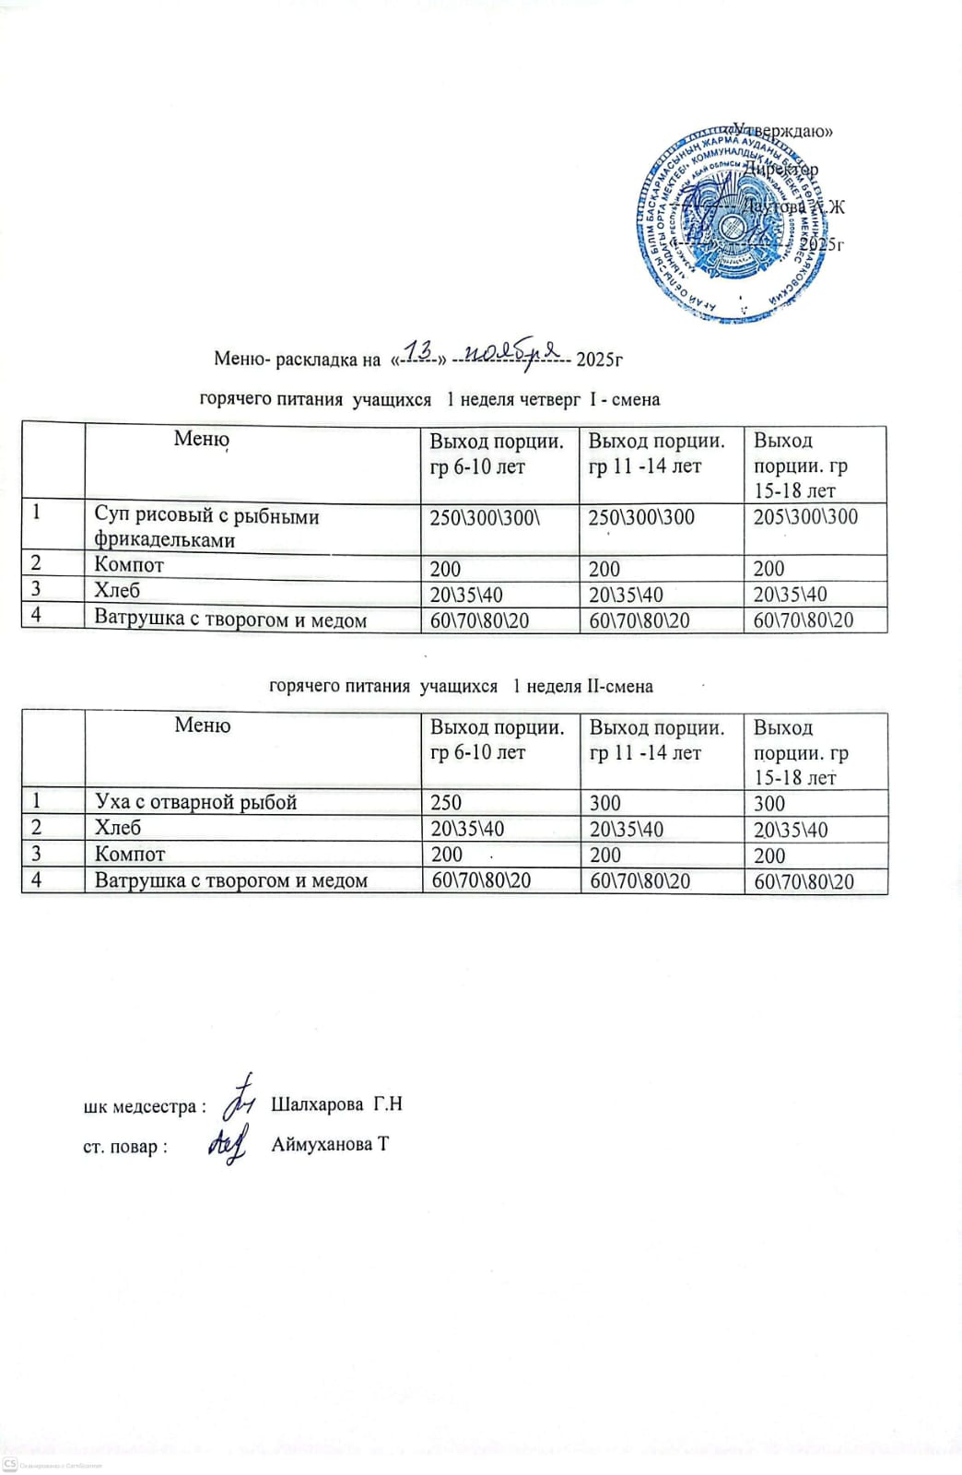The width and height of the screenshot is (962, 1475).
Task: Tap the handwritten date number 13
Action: point(420,351)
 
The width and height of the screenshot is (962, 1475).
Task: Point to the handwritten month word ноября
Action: point(512,350)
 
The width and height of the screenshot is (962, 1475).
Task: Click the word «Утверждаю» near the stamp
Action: point(784,131)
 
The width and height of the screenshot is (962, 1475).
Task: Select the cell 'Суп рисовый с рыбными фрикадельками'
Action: point(207,528)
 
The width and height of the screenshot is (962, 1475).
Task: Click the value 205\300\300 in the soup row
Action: point(805,517)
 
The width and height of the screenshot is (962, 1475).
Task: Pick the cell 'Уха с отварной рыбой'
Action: point(195,802)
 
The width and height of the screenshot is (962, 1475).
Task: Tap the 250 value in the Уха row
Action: point(446,803)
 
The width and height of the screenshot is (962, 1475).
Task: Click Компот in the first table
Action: point(129,566)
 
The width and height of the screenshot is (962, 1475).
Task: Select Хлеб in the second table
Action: point(118,828)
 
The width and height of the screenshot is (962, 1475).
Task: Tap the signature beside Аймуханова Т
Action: point(228,1143)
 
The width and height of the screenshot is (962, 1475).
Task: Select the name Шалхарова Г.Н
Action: point(337,1104)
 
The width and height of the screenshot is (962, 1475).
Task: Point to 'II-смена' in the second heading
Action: point(618,686)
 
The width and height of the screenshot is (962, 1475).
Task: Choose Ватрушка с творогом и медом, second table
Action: point(230,880)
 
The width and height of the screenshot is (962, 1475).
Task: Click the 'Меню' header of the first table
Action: point(201,439)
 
